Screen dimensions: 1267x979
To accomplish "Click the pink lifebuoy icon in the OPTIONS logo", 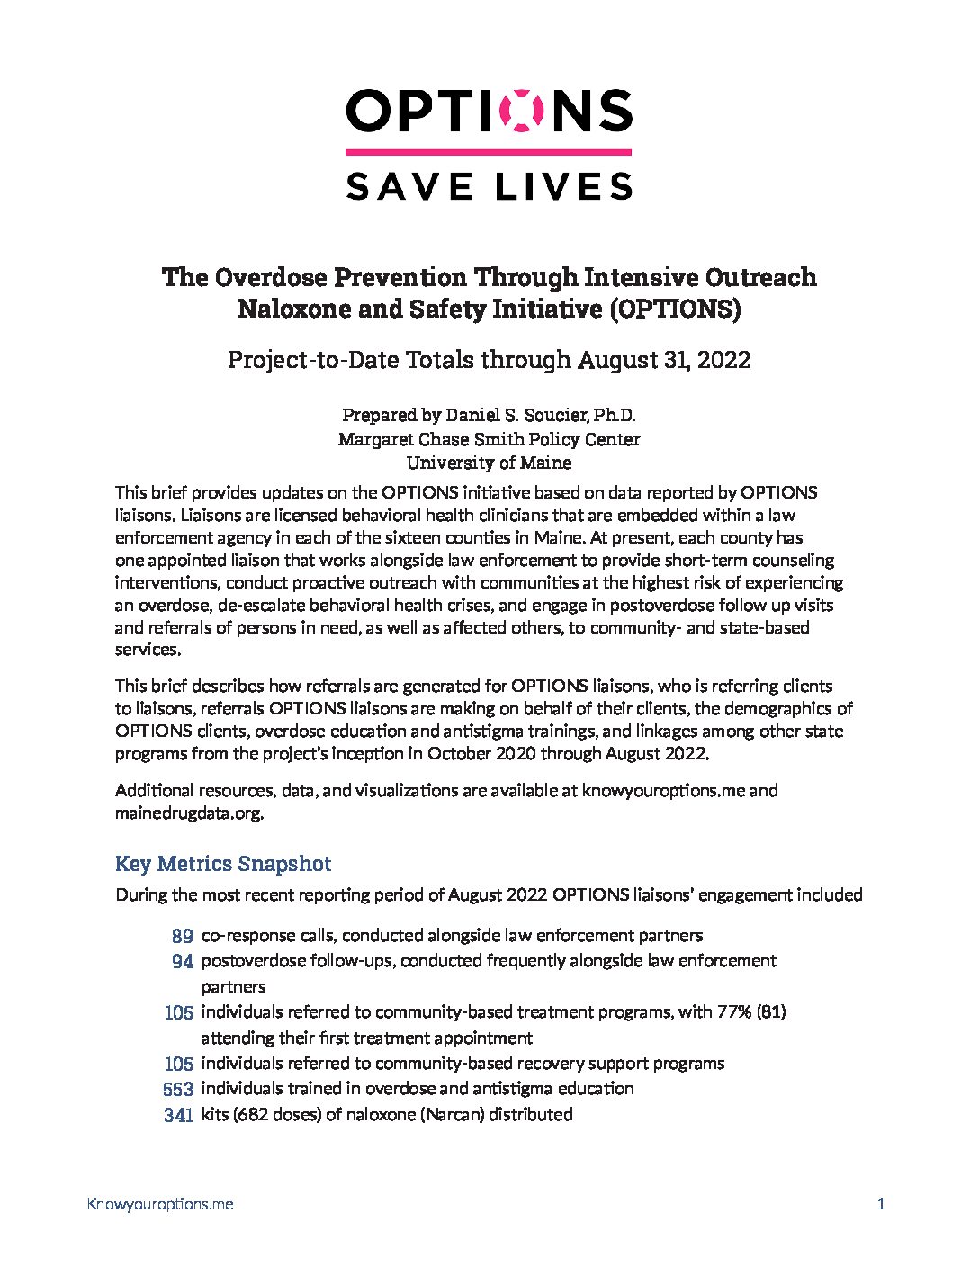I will (x=527, y=111).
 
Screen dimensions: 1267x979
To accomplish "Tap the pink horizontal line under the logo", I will (x=489, y=153).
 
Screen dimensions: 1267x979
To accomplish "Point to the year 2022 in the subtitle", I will (x=722, y=360).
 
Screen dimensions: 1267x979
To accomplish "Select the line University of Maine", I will (x=489, y=463).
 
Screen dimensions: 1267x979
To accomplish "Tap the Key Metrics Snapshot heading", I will (x=223, y=864).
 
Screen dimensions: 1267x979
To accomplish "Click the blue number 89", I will (x=182, y=936).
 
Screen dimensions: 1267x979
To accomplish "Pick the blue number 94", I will (x=183, y=961).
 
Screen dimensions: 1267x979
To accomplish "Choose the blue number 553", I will (x=178, y=1089).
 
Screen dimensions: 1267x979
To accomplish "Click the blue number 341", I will (x=178, y=1115).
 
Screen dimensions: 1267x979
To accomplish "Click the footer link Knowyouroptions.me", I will (x=160, y=1204).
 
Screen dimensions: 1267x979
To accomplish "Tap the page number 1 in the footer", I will (x=881, y=1204).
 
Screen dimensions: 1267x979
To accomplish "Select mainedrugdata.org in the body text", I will (x=189, y=813).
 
